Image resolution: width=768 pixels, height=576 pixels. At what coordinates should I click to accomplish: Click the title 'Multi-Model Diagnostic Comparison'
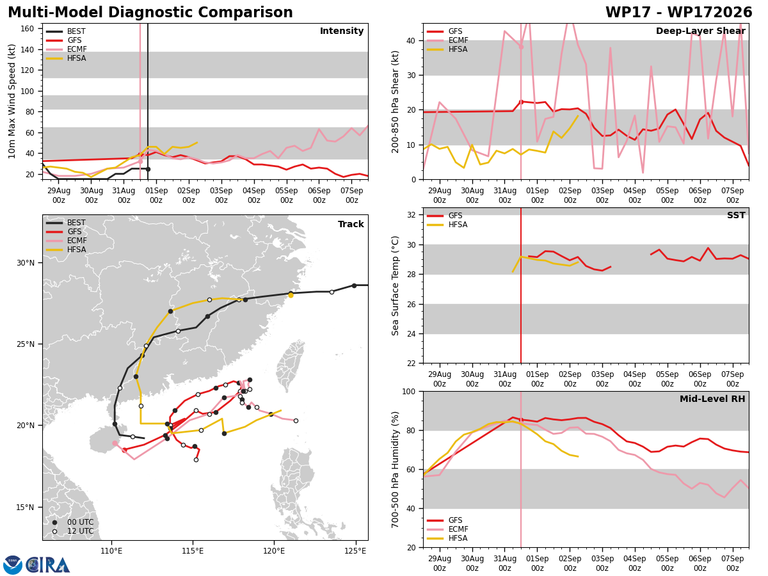click(150, 12)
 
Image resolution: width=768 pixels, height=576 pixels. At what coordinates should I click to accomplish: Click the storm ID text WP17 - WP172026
click(679, 12)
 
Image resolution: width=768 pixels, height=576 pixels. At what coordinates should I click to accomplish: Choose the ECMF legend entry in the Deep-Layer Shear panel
click(447, 40)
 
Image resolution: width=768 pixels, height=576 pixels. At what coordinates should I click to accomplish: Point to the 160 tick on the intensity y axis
click(27, 29)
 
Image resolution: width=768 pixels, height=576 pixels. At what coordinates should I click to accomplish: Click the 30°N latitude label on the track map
click(26, 263)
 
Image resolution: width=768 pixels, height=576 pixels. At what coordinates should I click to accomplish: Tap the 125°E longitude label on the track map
click(355, 551)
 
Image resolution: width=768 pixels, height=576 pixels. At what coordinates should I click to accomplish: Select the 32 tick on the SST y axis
click(412, 215)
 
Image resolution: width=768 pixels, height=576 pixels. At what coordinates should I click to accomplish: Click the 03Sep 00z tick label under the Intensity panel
click(221, 195)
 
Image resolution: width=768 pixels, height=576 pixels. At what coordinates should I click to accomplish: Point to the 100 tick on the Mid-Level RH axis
click(409, 391)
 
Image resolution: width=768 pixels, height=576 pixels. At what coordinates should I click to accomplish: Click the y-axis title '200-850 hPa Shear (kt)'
click(395, 102)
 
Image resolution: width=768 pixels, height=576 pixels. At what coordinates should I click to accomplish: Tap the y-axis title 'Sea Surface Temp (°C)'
click(395, 285)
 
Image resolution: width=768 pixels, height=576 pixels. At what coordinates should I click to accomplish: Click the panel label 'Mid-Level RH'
click(712, 399)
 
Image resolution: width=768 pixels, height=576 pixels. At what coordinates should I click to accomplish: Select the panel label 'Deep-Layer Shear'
click(700, 31)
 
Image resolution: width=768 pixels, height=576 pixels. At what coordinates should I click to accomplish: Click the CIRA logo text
click(48, 565)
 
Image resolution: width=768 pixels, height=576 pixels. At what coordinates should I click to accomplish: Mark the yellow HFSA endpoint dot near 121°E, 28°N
click(291, 296)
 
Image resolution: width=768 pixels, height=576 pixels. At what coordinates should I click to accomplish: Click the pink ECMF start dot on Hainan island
click(115, 443)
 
